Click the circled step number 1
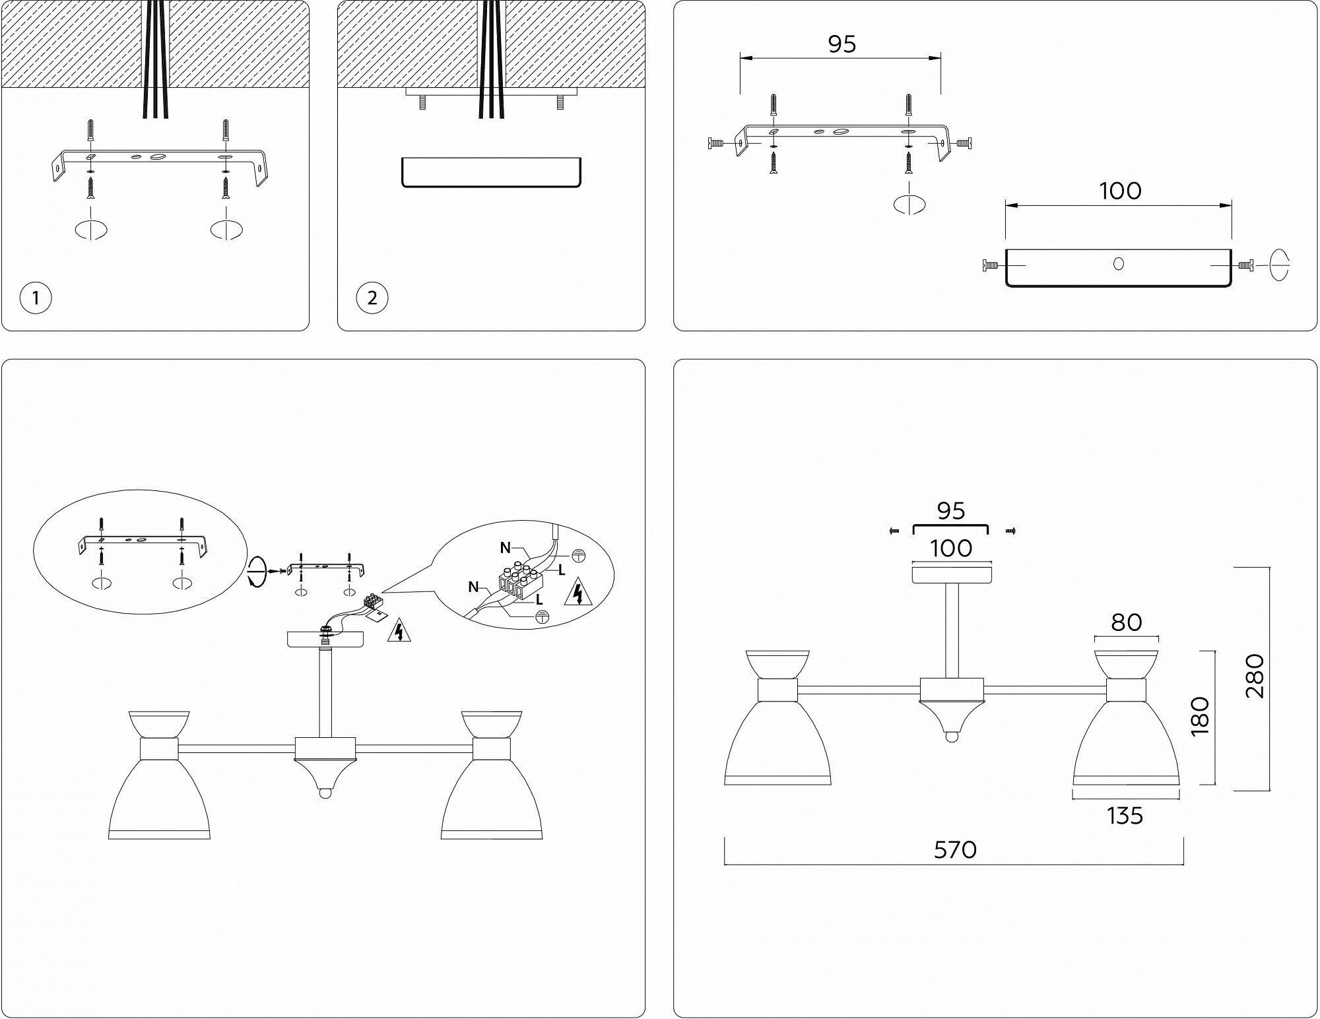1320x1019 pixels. click(36, 298)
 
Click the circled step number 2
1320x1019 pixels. click(372, 298)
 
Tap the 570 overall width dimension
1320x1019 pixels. click(955, 850)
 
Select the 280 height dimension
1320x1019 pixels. click(1254, 676)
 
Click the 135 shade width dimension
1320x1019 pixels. click(1125, 816)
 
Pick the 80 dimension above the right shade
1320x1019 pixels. click(1126, 622)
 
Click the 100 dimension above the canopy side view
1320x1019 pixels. click(1120, 191)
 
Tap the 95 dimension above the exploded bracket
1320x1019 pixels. click(841, 44)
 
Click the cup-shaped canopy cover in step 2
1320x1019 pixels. click(492, 173)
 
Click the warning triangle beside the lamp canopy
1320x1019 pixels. click(398, 631)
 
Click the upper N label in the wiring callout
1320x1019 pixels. click(506, 548)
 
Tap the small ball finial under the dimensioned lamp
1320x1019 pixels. click(951, 736)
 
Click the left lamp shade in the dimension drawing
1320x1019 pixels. click(777, 742)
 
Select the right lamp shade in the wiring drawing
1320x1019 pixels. click(492, 799)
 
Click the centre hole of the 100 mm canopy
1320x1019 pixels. click(1118, 264)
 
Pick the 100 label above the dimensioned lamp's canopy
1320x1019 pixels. click(951, 548)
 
